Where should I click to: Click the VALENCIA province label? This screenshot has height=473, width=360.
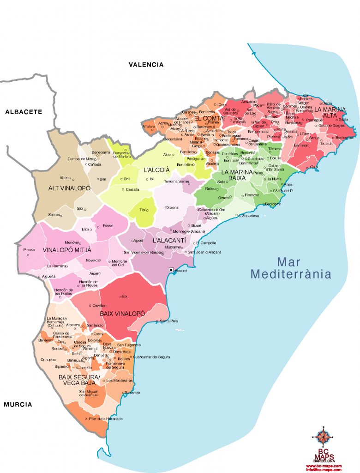click(146, 65)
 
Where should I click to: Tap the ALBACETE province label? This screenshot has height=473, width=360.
click(24, 112)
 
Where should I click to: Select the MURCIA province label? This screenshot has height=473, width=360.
click(18, 405)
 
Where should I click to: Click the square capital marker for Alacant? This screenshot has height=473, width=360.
click(171, 270)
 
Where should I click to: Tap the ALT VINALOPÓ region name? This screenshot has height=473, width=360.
click(69, 188)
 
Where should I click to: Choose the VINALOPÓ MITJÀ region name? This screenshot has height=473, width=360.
click(67, 250)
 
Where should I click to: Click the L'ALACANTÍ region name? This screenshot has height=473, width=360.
click(169, 240)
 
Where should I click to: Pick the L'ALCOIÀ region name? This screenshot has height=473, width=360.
click(157, 170)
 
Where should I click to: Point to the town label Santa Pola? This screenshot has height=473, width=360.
click(168, 321)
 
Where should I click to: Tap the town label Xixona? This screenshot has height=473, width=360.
click(172, 207)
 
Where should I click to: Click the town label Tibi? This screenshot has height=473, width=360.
click(143, 210)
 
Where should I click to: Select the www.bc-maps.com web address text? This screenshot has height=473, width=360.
click(324, 466)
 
